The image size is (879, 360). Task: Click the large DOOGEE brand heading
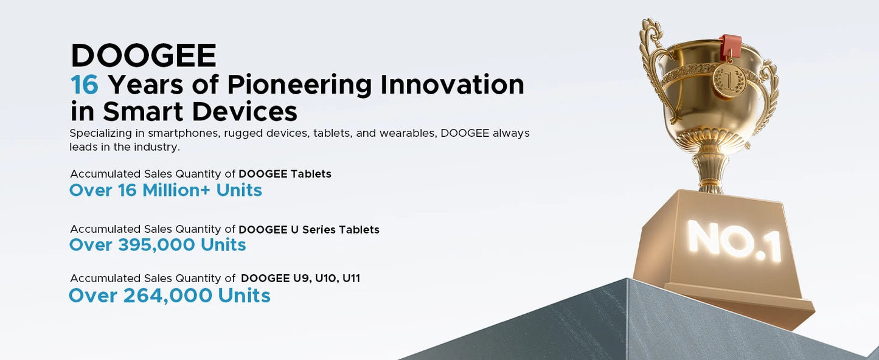tap(144, 56)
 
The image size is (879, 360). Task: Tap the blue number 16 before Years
tap(85, 85)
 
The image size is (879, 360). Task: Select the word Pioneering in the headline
tap(299, 85)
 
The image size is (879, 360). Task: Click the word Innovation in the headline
tap(452, 85)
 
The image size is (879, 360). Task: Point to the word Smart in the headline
tap(143, 112)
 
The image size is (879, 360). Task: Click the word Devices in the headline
tap(245, 112)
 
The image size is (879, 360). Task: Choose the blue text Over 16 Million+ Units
tap(165, 190)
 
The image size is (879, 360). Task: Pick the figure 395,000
tap(156, 245)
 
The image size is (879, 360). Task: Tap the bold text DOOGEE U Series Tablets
tap(309, 230)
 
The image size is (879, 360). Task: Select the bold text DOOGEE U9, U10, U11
tap(301, 279)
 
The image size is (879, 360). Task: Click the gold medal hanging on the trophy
tap(729, 78)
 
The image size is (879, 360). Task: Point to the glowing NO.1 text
tap(734, 241)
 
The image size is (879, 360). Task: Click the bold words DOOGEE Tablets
tap(285, 174)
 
